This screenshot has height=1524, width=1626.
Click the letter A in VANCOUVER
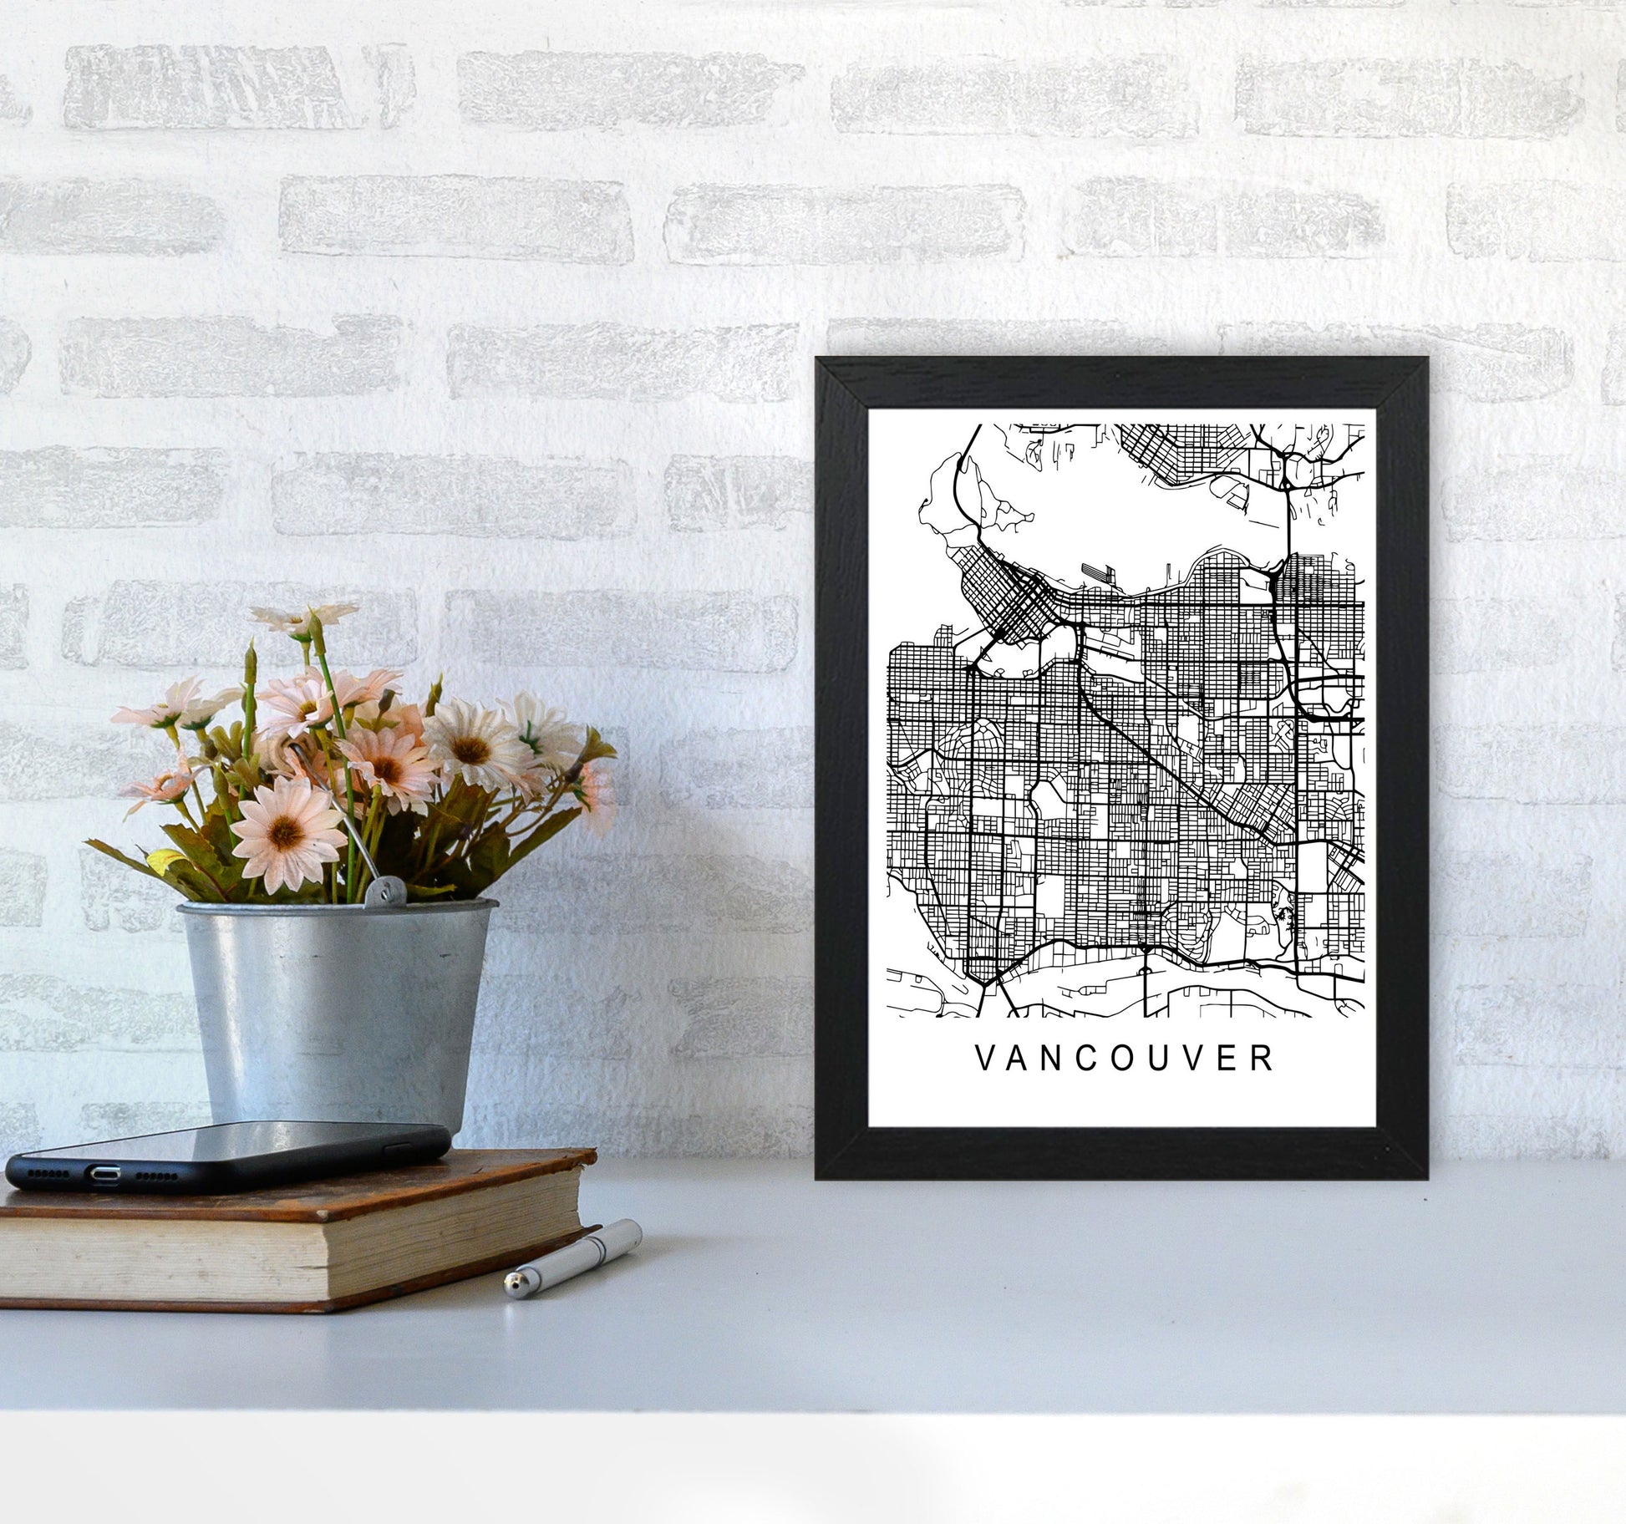click(1014, 1059)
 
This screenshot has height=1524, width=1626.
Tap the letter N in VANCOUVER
click(1047, 1059)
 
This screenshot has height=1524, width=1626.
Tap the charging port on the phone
click(104, 1174)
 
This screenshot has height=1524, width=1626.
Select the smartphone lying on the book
click(226, 1149)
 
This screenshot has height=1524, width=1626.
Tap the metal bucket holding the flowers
click(334, 1003)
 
